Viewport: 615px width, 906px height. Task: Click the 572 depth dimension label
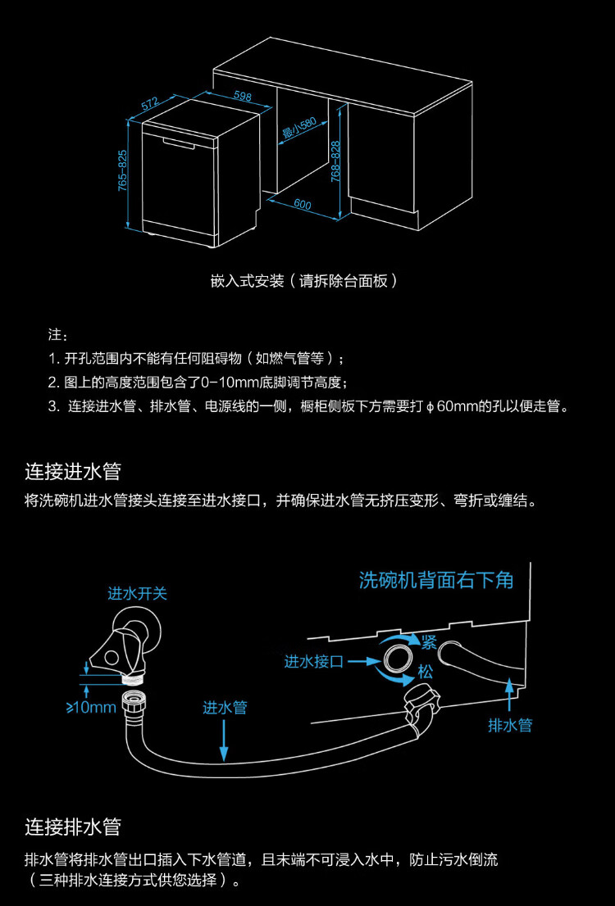(x=150, y=104)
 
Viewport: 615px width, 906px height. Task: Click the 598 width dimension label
(x=243, y=96)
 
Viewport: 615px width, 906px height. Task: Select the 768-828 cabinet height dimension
(x=335, y=162)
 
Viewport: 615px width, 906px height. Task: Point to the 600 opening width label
(x=303, y=205)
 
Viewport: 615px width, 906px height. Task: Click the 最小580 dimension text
(x=298, y=129)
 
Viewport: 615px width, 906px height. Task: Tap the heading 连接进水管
(x=73, y=471)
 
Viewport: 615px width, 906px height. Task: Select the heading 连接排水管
(x=73, y=827)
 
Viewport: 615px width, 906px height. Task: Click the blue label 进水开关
(x=137, y=593)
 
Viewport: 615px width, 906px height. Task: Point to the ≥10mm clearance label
(x=91, y=706)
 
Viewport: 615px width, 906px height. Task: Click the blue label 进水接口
(x=314, y=662)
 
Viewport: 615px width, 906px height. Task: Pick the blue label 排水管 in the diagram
(x=510, y=725)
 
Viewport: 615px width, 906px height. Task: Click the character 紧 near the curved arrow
(x=429, y=642)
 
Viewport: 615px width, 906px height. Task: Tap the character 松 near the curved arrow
(x=426, y=672)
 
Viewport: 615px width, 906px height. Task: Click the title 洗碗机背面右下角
(x=436, y=580)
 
